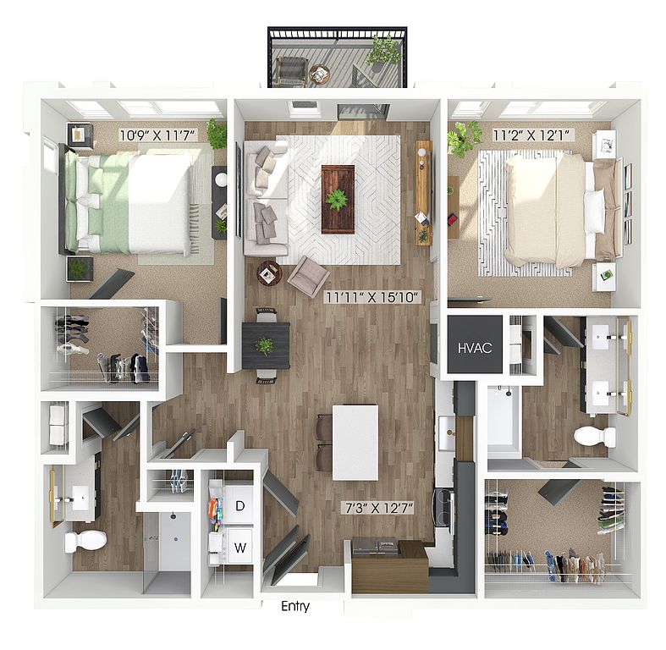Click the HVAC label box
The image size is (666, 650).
coord(476,344)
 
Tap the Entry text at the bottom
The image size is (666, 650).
coord(295,606)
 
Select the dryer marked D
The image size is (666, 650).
coord(238,505)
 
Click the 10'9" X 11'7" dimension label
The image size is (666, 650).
coord(157,135)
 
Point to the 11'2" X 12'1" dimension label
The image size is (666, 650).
coord(533,135)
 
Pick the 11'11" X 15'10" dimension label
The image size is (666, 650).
coord(372,297)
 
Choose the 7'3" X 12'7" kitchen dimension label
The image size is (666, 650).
coord(377,508)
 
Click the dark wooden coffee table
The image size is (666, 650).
coord(339,199)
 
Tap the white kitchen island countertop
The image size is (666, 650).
coord(355,443)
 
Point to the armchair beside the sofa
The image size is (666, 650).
coord(308,277)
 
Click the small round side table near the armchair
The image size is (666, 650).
coord(269,273)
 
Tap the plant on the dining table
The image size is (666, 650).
coord(265,346)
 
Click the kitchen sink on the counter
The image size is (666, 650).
coord(447,432)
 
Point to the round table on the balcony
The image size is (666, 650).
coord(319,74)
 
